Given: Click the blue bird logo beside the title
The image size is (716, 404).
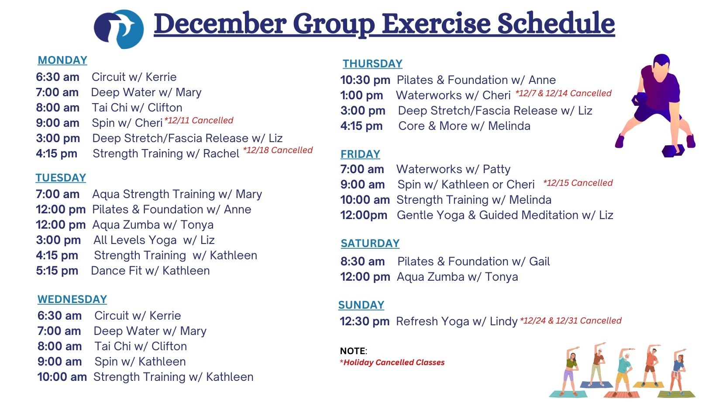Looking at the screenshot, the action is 119,29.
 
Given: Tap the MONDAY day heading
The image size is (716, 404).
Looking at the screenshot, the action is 62,60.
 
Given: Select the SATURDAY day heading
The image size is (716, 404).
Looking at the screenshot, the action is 370,243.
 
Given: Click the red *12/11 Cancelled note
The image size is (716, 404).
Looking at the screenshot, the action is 199,120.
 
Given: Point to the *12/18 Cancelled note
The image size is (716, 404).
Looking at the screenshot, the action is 278,150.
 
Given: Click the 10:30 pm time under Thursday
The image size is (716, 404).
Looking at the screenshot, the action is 365,80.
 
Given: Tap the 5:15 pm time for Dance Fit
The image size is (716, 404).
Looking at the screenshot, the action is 57,271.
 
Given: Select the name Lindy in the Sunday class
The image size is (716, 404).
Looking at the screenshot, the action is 503,321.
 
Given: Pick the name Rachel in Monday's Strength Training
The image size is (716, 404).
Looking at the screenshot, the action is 221,153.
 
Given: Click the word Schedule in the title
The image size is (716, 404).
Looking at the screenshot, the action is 556,23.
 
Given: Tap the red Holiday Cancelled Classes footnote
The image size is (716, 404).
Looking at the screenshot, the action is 392,362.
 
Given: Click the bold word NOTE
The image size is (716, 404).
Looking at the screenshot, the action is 353,351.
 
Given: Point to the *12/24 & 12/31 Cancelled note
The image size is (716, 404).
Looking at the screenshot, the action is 571,320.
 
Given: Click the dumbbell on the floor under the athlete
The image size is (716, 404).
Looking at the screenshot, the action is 673,150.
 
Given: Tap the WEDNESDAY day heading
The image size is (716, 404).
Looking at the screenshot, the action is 72,300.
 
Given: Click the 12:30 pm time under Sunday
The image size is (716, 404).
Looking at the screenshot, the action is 365,321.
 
